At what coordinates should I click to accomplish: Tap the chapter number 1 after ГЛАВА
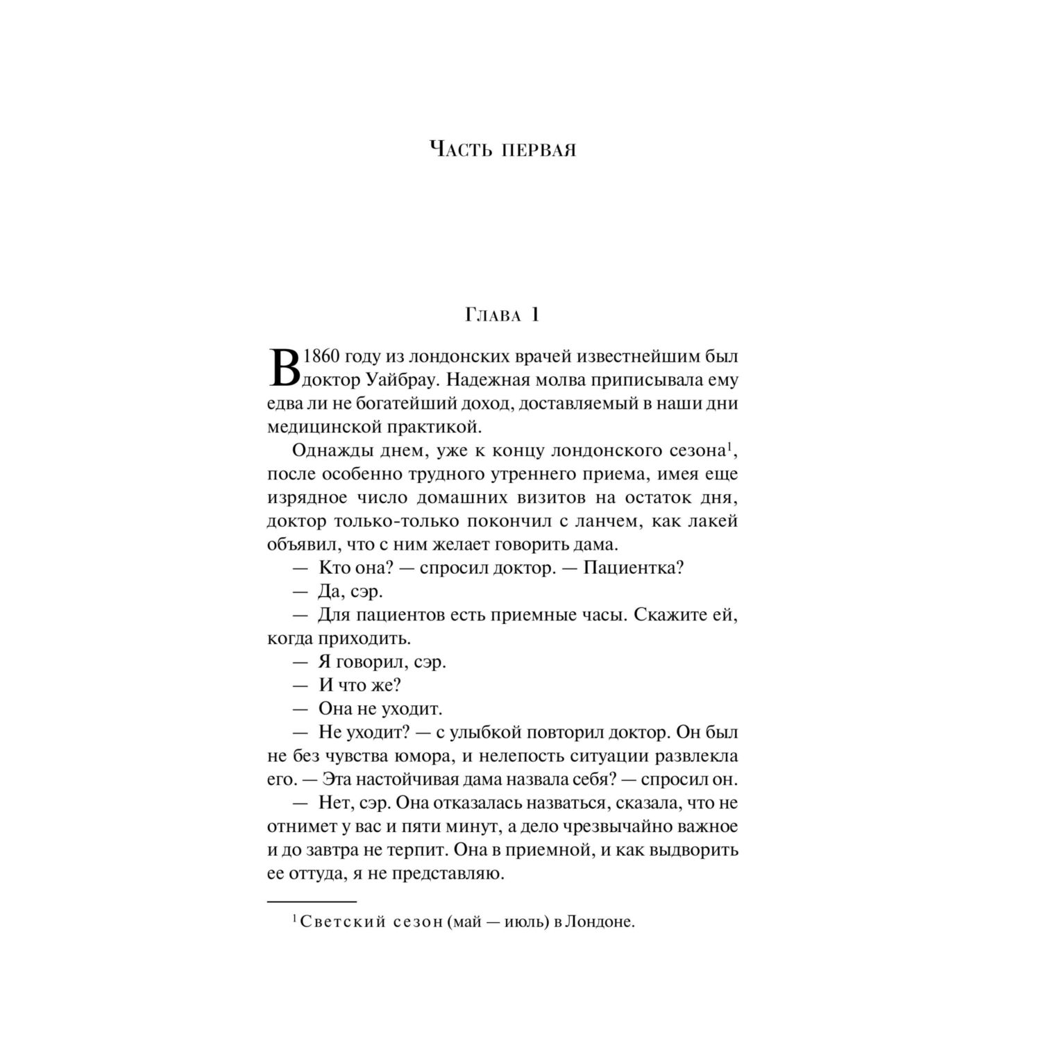click(534, 315)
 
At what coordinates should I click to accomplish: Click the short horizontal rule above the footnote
click(312, 901)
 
